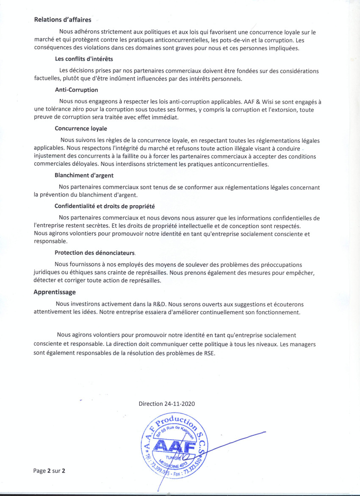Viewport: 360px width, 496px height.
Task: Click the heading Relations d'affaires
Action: [x=62, y=20]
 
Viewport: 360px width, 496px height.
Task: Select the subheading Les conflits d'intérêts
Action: [x=84, y=59]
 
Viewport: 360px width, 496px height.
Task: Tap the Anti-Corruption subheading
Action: [x=76, y=90]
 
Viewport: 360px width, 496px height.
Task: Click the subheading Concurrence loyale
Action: [x=81, y=128]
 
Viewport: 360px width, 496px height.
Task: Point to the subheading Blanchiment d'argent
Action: [x=84, y=175]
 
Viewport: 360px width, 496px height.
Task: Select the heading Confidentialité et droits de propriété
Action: [x=105, y=206]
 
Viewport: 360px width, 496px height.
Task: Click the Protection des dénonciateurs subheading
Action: [x=94, y=253]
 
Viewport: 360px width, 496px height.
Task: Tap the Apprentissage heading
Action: [x=55, y=292]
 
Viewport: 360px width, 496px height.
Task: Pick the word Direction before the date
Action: [x=151, y=404]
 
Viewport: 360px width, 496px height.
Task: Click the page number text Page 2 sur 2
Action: [x=50, y=471]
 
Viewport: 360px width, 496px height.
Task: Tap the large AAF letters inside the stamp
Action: [x=174, y=446]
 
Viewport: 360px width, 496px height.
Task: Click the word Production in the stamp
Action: [x=175, y=421]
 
